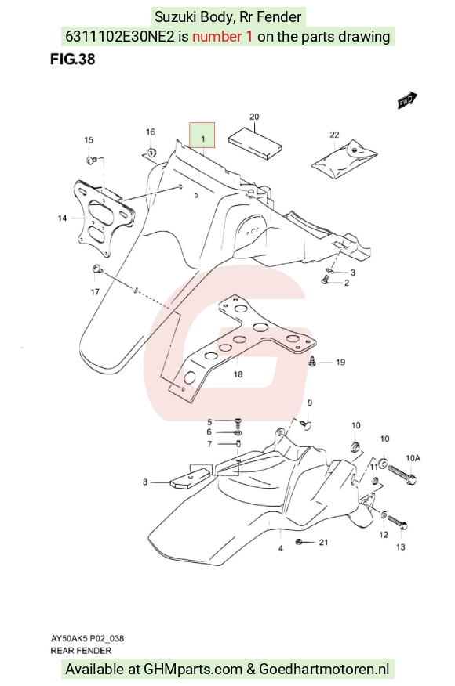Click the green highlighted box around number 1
202,135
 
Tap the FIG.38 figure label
72,59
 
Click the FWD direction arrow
407,100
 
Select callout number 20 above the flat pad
254,117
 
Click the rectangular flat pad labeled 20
255,143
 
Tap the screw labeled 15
92,161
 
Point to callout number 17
95,292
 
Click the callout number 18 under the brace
238,374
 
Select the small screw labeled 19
312,361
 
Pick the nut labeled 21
298,542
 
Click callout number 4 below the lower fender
281,548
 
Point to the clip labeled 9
307,424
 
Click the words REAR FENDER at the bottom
81,651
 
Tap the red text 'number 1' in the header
222,36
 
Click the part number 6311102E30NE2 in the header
120,36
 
